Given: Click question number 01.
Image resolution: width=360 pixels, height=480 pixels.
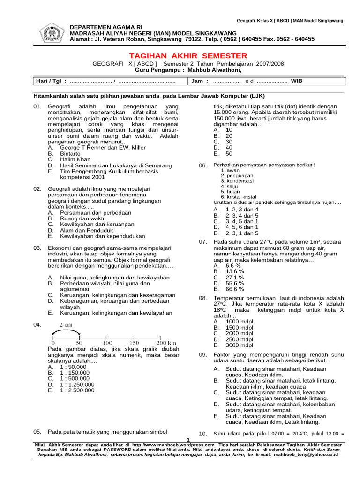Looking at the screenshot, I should click(x=37, y=107).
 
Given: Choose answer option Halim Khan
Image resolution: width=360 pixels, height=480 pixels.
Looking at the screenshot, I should click(x=75, y=159).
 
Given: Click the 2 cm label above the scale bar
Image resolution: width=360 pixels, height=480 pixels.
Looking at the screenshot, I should click(x=66, y=325).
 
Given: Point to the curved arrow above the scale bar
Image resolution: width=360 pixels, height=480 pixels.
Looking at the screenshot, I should click(x=66, y=333).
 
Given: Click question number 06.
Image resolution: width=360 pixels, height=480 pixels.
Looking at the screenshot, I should click(x=202, y=166).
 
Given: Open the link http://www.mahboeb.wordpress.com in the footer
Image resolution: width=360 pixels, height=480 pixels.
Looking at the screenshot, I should click(x=173, y=444).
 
